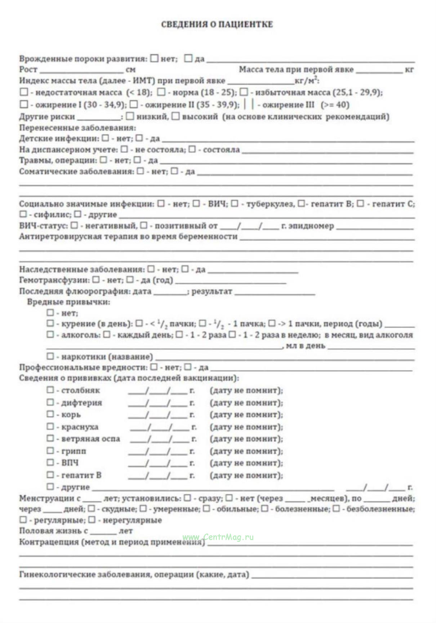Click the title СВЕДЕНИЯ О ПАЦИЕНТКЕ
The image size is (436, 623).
point(217,25)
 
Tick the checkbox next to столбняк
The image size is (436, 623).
point(50,390)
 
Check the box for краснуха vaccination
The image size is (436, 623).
point(50,426)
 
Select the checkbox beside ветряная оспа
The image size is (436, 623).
point(50,438)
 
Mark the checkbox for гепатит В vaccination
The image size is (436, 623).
point(50,475)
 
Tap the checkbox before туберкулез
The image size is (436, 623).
point(235,204)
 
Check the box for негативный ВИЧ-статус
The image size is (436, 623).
point(74,225)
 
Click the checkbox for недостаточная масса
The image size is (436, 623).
point(24,92)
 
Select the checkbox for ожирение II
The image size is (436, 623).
point(134,104)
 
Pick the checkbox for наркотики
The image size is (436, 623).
point(50,356)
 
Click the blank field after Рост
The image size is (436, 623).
point(81,70)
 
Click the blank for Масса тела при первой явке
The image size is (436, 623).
point(379,70)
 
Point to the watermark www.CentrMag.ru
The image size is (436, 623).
point(218,537)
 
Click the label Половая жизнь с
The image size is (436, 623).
point(53,531)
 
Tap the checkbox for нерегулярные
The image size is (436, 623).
point(92,520)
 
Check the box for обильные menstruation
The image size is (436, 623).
point(206,509)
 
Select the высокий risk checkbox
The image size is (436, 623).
point(175,116)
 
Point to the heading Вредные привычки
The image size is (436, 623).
point(68,302)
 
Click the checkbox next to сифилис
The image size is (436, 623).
point(23,214)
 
